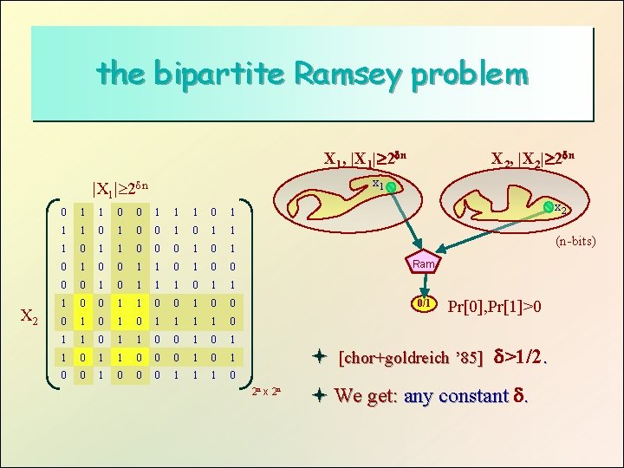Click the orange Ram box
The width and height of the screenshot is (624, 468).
[x=425, y=263]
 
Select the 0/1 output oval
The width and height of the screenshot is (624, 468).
[x=425, y=305]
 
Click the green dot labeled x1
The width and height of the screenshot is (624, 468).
[x=391, y=187]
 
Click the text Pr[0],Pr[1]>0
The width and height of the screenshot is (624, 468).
[x=497, y=306]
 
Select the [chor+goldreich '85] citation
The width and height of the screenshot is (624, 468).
[x=411, y=358]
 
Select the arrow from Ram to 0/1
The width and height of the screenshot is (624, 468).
[x=425, y=284]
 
